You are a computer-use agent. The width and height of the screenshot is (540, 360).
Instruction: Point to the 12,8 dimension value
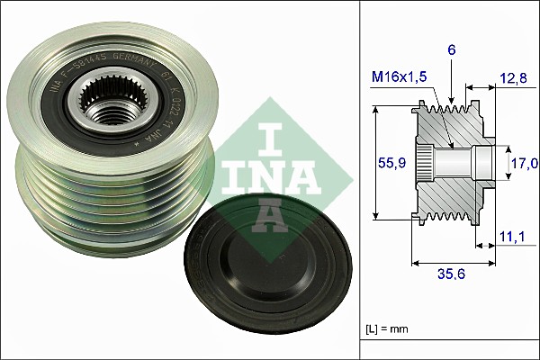click(x=511, y=79)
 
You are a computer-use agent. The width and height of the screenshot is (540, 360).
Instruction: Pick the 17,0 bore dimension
click(x=526, y=163)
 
